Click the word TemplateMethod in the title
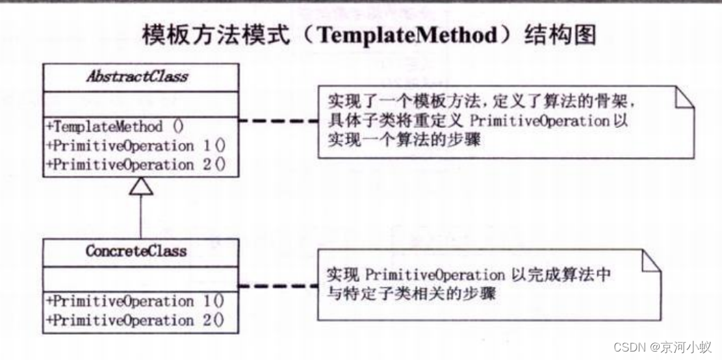[x=408, y=36]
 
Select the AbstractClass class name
[x=136, y=76]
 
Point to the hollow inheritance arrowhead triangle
[x=141, y=186]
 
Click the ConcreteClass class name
[x=136, y=250]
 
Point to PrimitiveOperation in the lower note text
[x=435, y=275]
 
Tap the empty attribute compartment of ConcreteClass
[x=140, y=277]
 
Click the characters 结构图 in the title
[x=559, y=35]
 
